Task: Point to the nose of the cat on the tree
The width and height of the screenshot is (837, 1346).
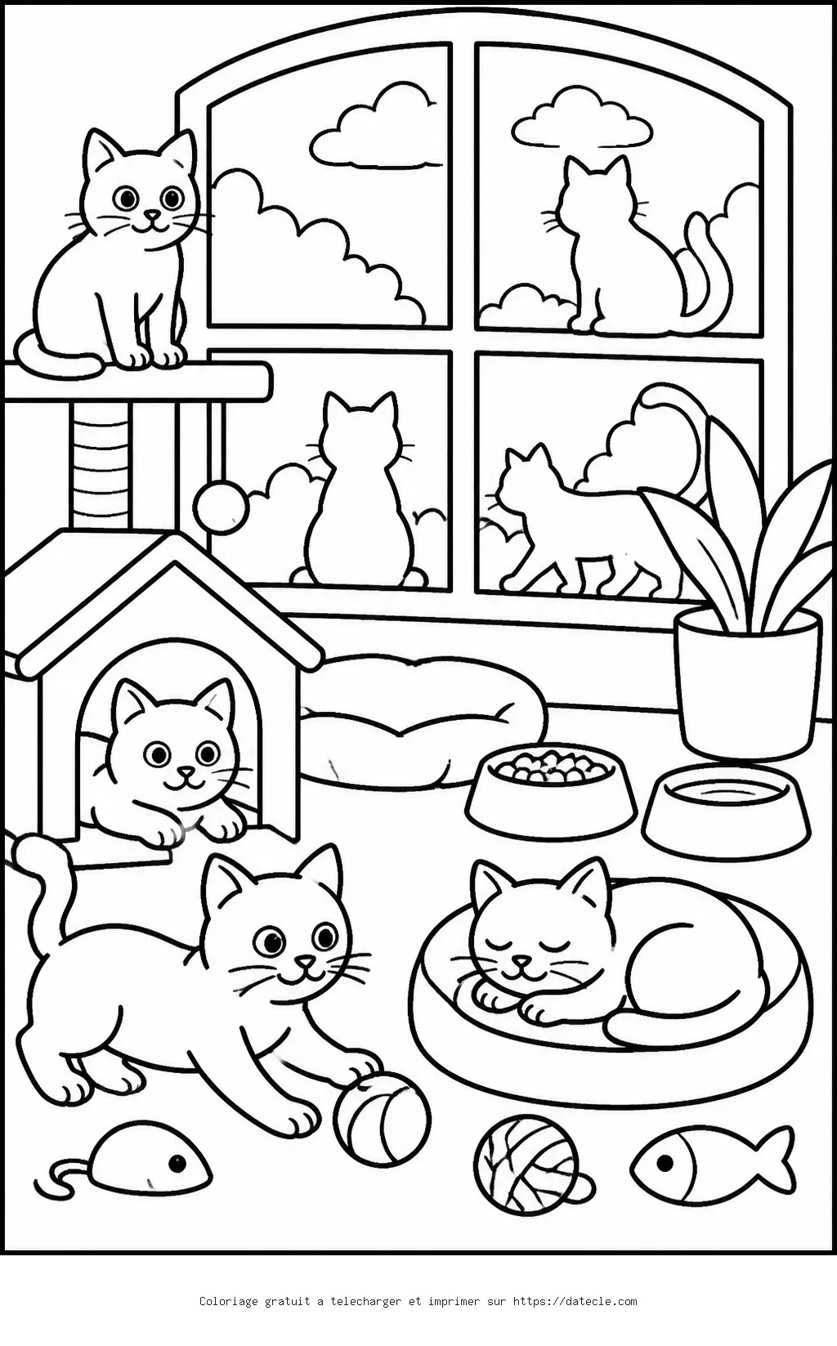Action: pyautogui.click(x=153, y=213)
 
